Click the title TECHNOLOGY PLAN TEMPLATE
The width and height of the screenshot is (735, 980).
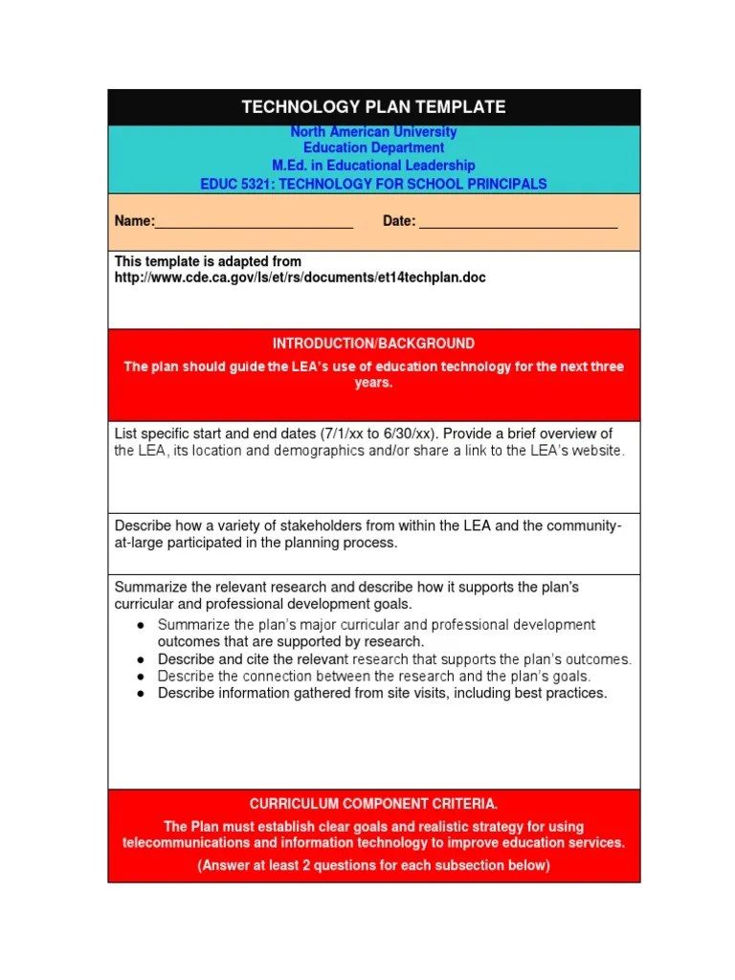pyautogui.click(x=373, y=107)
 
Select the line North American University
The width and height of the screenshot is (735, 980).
pyautogui.click(x=373, y=132)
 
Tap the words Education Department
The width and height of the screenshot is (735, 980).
pyautogui.click(x=373, y=148)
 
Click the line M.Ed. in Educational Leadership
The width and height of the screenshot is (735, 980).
pyautogui.click(x=373, y=166)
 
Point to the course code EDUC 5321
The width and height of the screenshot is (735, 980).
pyautogui.click(x=234, y=184)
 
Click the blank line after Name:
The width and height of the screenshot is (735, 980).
pyautogui.click(x=254, y=223)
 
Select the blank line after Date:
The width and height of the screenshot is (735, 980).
pyautogui.click(x=518, y=223)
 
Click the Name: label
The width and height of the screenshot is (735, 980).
pyautogui.click(x=134, y=222)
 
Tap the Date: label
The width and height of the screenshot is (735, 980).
pyautogui.click(x=399, y=222)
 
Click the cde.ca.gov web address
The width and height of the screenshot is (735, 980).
pyautogui.click(x=300, y=278)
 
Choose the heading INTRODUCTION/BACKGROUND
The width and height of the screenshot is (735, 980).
pyautogui.click(x=373, y=344)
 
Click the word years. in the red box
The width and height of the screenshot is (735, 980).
pyautogui.click(x=373, y=383)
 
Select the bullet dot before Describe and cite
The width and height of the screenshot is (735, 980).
pyautogui.click(x=140, y=660)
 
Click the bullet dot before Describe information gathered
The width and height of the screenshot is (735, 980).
pyautogui.click(x=140, y=694)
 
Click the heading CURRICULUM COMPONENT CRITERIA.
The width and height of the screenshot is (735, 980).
pyautogui.click(x=373, y=804)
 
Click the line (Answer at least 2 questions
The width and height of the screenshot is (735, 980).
pyautogui.click(x=373, y=866)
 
